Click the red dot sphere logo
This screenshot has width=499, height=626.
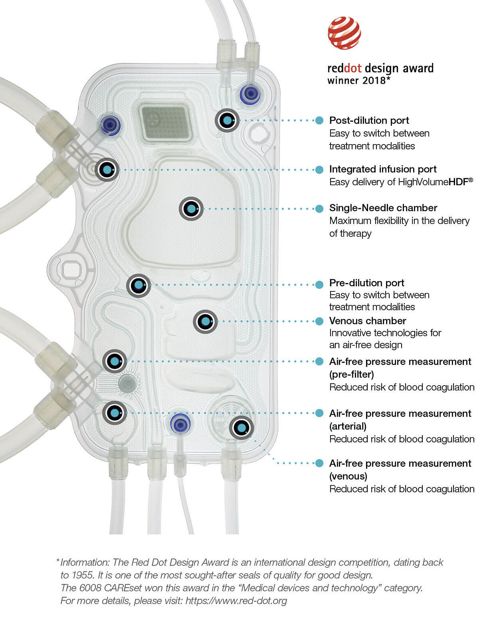(x=344, y=33)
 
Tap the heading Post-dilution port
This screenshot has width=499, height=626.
(x=369, y=120)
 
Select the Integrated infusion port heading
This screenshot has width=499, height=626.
(x=383, y=169)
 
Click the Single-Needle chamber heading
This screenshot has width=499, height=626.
(x=383, y=208)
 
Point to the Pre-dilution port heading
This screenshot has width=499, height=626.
(x=367, y=283)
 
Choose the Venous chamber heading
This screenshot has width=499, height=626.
(x=368, y=321)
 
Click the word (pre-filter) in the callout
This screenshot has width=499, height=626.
(x=352, y=375)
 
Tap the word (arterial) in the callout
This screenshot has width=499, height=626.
(x=348, y=426)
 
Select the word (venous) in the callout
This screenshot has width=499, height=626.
(x=348, y=476)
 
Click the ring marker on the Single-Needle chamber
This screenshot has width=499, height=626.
(x=191, y=209)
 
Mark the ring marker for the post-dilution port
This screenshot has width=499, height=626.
(x=227, y=120)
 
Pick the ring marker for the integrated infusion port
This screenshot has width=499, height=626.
(x=107, y=170)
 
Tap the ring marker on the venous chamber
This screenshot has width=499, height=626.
(x=205, y=321)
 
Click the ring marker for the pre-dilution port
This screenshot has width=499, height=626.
(x=139, y=286)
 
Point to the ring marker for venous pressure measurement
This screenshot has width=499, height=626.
(x=241, y=428)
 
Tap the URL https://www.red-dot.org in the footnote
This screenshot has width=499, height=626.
(x=236, y=601)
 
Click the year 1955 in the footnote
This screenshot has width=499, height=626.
(x=80, y=575)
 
